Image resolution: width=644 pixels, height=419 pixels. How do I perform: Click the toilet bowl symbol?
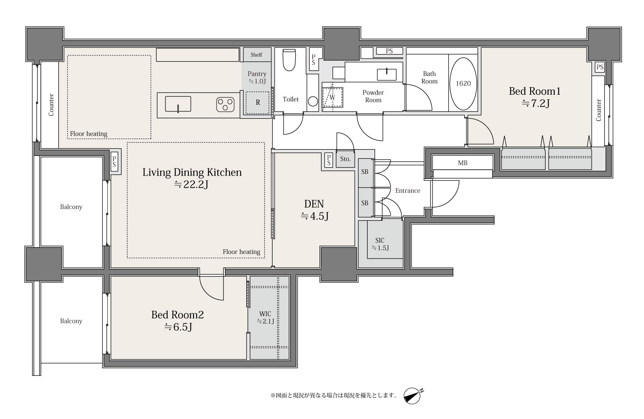point(289,60)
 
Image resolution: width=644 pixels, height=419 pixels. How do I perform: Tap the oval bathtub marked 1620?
point(463,83)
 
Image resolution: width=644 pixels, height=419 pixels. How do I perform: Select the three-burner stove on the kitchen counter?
point(225,104)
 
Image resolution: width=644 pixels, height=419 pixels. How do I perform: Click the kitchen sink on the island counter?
point(178,104)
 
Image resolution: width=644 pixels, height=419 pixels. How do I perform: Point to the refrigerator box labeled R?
point(258,103)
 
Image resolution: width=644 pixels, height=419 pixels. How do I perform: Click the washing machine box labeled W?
point(332,97)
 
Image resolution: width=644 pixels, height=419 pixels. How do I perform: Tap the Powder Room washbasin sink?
point(386,74)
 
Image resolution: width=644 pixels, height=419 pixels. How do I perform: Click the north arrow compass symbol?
point(413,396)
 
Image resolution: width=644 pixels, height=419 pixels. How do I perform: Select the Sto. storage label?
point(345,159)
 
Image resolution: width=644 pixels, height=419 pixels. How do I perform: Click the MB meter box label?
point(463,163)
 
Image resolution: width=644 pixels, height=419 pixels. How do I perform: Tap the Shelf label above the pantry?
point(256,54)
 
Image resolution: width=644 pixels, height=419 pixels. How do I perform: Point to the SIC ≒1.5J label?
point(380,244)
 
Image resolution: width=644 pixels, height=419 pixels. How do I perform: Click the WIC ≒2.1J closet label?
point(265,318)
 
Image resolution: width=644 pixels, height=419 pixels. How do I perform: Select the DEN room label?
point(314,204)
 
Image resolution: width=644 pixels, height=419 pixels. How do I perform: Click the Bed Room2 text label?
point(178,315)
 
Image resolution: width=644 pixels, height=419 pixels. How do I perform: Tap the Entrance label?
point(408,191)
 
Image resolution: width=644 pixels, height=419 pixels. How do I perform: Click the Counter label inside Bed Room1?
point(599,110)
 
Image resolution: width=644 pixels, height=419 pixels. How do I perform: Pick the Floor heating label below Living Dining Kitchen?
point(242,252)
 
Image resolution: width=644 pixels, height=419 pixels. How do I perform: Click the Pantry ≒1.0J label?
point(257,78)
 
